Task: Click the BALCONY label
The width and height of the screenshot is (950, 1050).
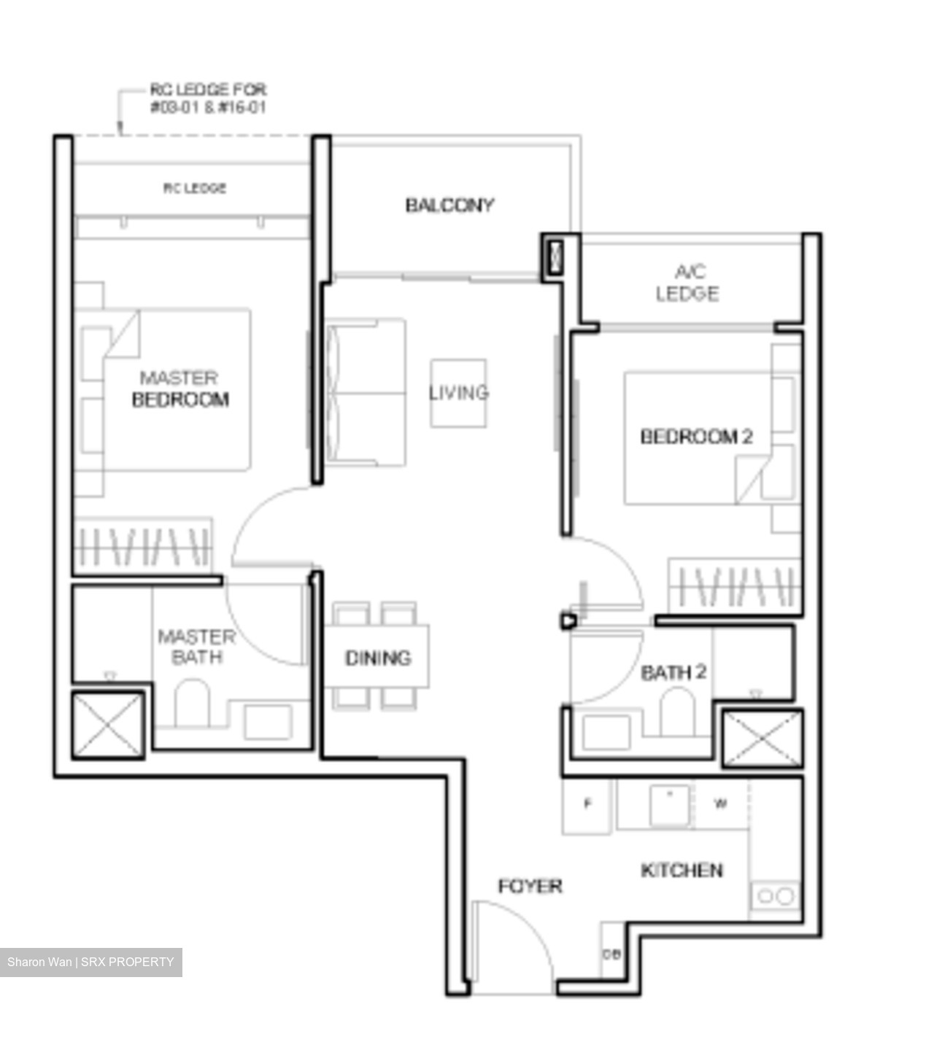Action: pyautogui.click(x=449, y=206)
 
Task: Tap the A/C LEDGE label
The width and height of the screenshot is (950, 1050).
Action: pyautogui.click(x=687, y=283)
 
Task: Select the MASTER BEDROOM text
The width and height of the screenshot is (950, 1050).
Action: pyautogui.click(x=180, y=389)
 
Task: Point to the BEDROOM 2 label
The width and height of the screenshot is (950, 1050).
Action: pyautogui.click(x=696, y=437)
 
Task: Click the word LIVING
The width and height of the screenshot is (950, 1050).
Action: pyautogui.click(x=458, y=393)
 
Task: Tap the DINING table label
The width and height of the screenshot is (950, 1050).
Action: pyautogui.click(x=378, y=658)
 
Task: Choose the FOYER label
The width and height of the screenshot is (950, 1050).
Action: pyautogui.click(x=530, y=887)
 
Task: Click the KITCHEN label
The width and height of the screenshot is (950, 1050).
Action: pyautogui.click(x=681, y=870)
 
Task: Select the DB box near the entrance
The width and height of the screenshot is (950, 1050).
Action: pyautogui.click(x=611, y=954)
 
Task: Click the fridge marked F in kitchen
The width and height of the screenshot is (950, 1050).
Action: pyautogui.click(x=587, y=805)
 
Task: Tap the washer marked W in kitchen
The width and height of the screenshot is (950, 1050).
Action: pyautogui.click(x=720, y=804)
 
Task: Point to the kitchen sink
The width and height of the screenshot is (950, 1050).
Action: pyautogui.click(x=670, y=804)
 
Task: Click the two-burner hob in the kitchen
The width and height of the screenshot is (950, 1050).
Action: pyautogui.click(x=775, y=895)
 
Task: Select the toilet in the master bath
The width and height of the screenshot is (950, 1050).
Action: pyautogui.click(x=192, y=704)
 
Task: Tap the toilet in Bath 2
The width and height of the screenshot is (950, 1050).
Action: pyautogui.click(x=677, y=712)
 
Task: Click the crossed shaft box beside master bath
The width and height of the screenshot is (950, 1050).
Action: pyautogui.click(x=108, y=724)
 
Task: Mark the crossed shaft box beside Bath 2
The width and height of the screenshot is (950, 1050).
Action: pyautogui.click(x=762, y=738)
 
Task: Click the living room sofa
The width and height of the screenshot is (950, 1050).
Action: pyautogui.click(x=366, y=392)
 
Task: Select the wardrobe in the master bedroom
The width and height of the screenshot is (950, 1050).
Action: pyautogui.click(x=143, y=545)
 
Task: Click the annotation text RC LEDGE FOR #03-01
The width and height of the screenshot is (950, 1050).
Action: pyautogui.click(x=208, y=98)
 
